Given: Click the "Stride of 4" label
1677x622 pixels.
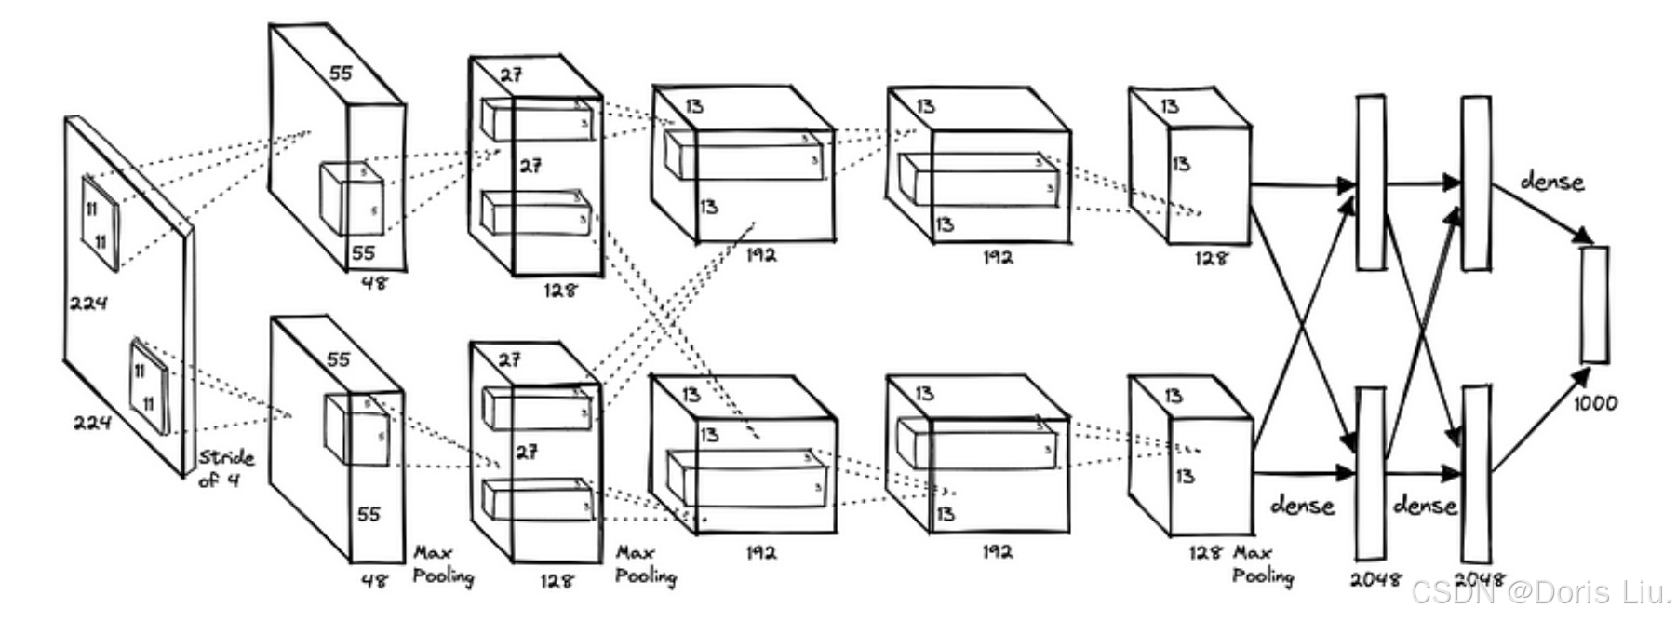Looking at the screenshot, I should coord(224,468).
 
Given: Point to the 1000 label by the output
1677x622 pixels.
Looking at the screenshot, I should coord(1595,403).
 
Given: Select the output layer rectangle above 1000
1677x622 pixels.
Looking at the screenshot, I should coord(1594,304).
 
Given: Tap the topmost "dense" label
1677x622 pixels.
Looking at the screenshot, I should coord(1551,182).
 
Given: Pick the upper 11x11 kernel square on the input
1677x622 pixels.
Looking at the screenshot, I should coord(100,223).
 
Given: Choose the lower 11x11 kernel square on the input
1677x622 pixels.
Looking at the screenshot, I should coord(149,388).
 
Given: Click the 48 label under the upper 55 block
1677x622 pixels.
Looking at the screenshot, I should coord(373,281).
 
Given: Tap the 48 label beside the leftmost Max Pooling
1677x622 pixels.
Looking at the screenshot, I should coord(374,580).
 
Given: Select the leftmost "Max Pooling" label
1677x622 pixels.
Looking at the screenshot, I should coord(442,565).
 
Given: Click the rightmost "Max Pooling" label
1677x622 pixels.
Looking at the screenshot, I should coord(1262,565).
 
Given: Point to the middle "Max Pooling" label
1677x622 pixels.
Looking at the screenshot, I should coord(645,565).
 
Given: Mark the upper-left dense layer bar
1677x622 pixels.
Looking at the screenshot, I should coord(1370,183).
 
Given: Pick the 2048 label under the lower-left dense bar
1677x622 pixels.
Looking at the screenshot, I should coord(1375,579).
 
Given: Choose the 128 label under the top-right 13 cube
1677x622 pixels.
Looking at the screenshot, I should coord(1210,258).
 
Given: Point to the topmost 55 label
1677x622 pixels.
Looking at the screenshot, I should coord(341,73).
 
